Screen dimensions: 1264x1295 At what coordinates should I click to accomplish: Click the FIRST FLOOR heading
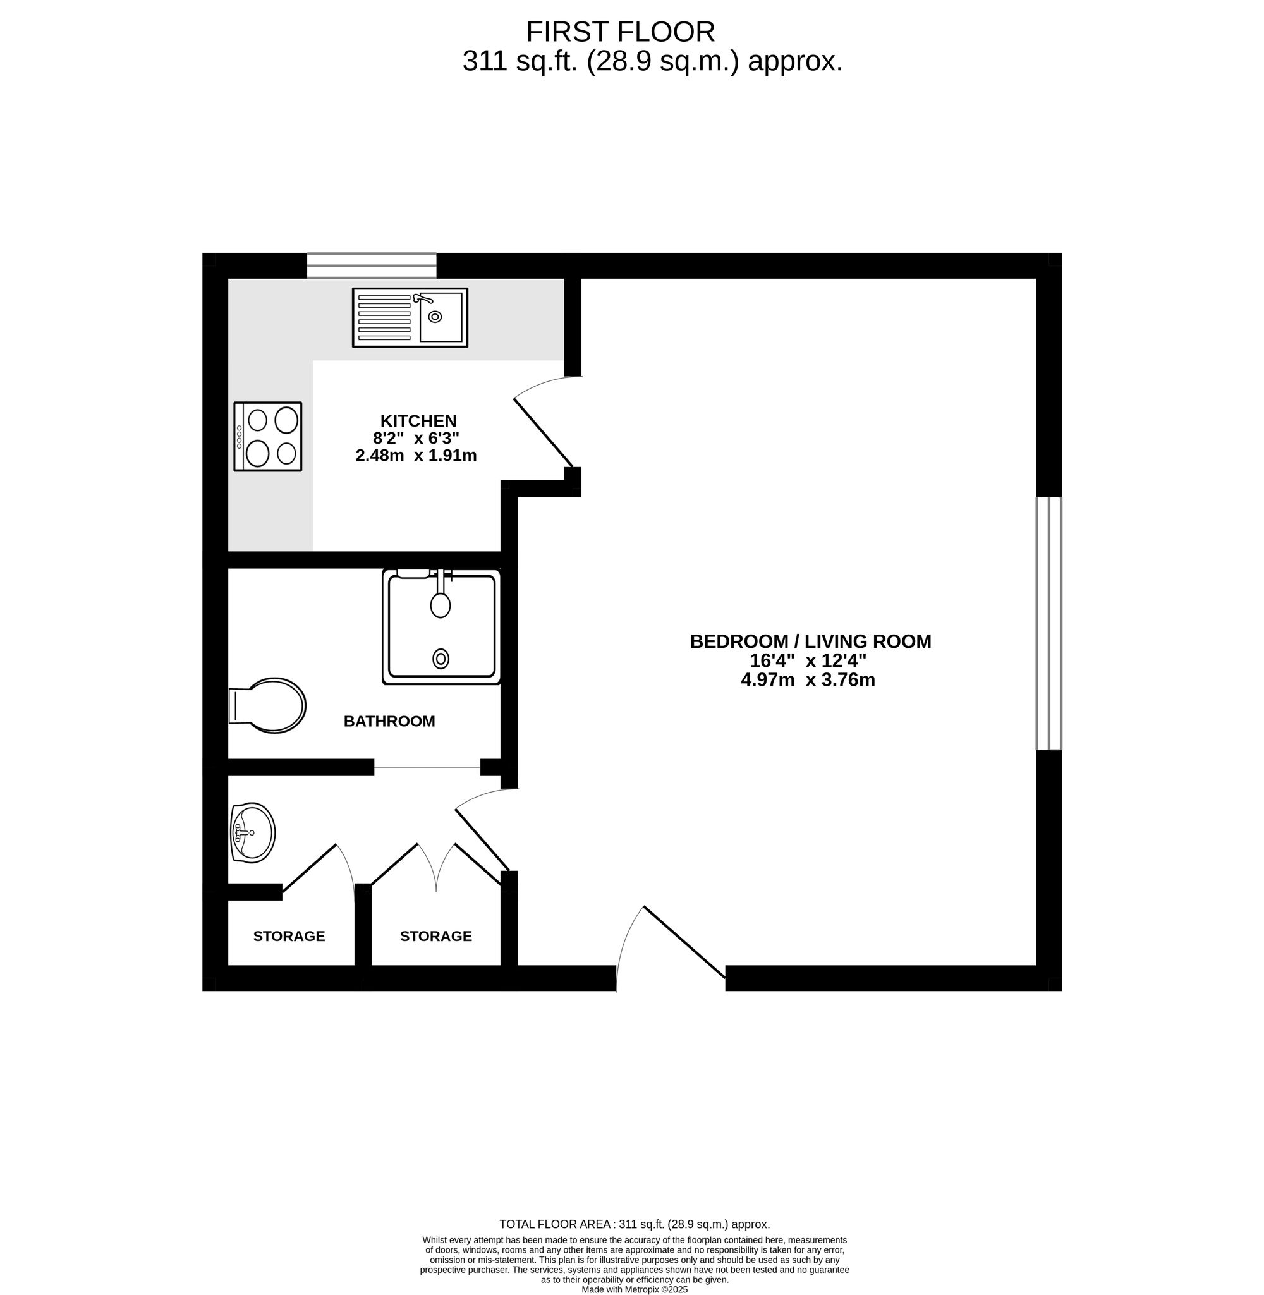[621, 32]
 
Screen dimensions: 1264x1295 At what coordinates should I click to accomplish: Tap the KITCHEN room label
[418, 421]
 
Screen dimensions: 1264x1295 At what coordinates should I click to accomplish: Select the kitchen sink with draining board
[410, 317]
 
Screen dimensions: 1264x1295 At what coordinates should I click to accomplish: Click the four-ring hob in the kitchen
[267, 437]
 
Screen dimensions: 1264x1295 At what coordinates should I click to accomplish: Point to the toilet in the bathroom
[267, 705]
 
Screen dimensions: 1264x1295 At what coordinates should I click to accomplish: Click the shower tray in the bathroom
[441, 626]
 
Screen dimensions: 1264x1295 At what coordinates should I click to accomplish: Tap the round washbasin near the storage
[252, 832]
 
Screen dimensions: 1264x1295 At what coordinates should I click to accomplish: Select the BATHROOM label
[389, 721]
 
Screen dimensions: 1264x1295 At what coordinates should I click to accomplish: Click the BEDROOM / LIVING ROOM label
[811, 641]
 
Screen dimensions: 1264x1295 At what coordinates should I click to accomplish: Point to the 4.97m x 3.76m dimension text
[808, 679]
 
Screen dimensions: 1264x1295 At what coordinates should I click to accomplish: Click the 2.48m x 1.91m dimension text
[416, 455]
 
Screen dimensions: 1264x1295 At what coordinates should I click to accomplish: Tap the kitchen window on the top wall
[372, 265]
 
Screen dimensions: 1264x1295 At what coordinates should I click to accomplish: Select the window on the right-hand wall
[1049, 623]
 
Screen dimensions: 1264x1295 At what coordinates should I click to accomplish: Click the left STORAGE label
[289, 936]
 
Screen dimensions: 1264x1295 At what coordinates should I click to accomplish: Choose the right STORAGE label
[435, 936]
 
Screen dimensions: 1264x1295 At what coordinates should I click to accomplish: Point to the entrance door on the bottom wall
[684, 942]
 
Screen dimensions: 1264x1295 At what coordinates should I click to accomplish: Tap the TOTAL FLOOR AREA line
[635, 1224]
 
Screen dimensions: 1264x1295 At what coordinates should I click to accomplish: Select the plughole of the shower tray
[440, 659]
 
